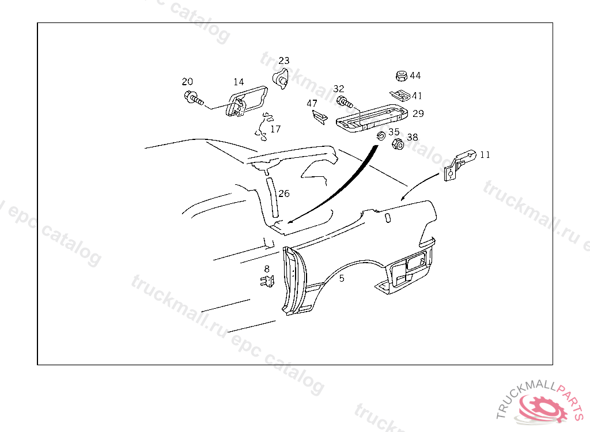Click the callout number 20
pos(187,81)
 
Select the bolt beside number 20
pos(194,98)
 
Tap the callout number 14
pos(239,82)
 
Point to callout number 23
pos(284,60)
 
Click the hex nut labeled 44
pos(402,75)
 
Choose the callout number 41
pos(417,96)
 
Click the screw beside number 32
pos(345,101)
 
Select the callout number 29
pos(418,113)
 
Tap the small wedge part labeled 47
pos(319,116)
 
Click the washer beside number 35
pos(381,135)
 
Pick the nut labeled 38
pos(398,144)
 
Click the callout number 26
pos(284,194)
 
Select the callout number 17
pos(275,129)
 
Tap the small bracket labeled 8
pos(267,281)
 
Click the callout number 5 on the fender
pos(341,278)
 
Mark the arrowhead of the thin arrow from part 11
pos(403,198)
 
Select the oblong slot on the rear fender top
pos(388,218)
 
